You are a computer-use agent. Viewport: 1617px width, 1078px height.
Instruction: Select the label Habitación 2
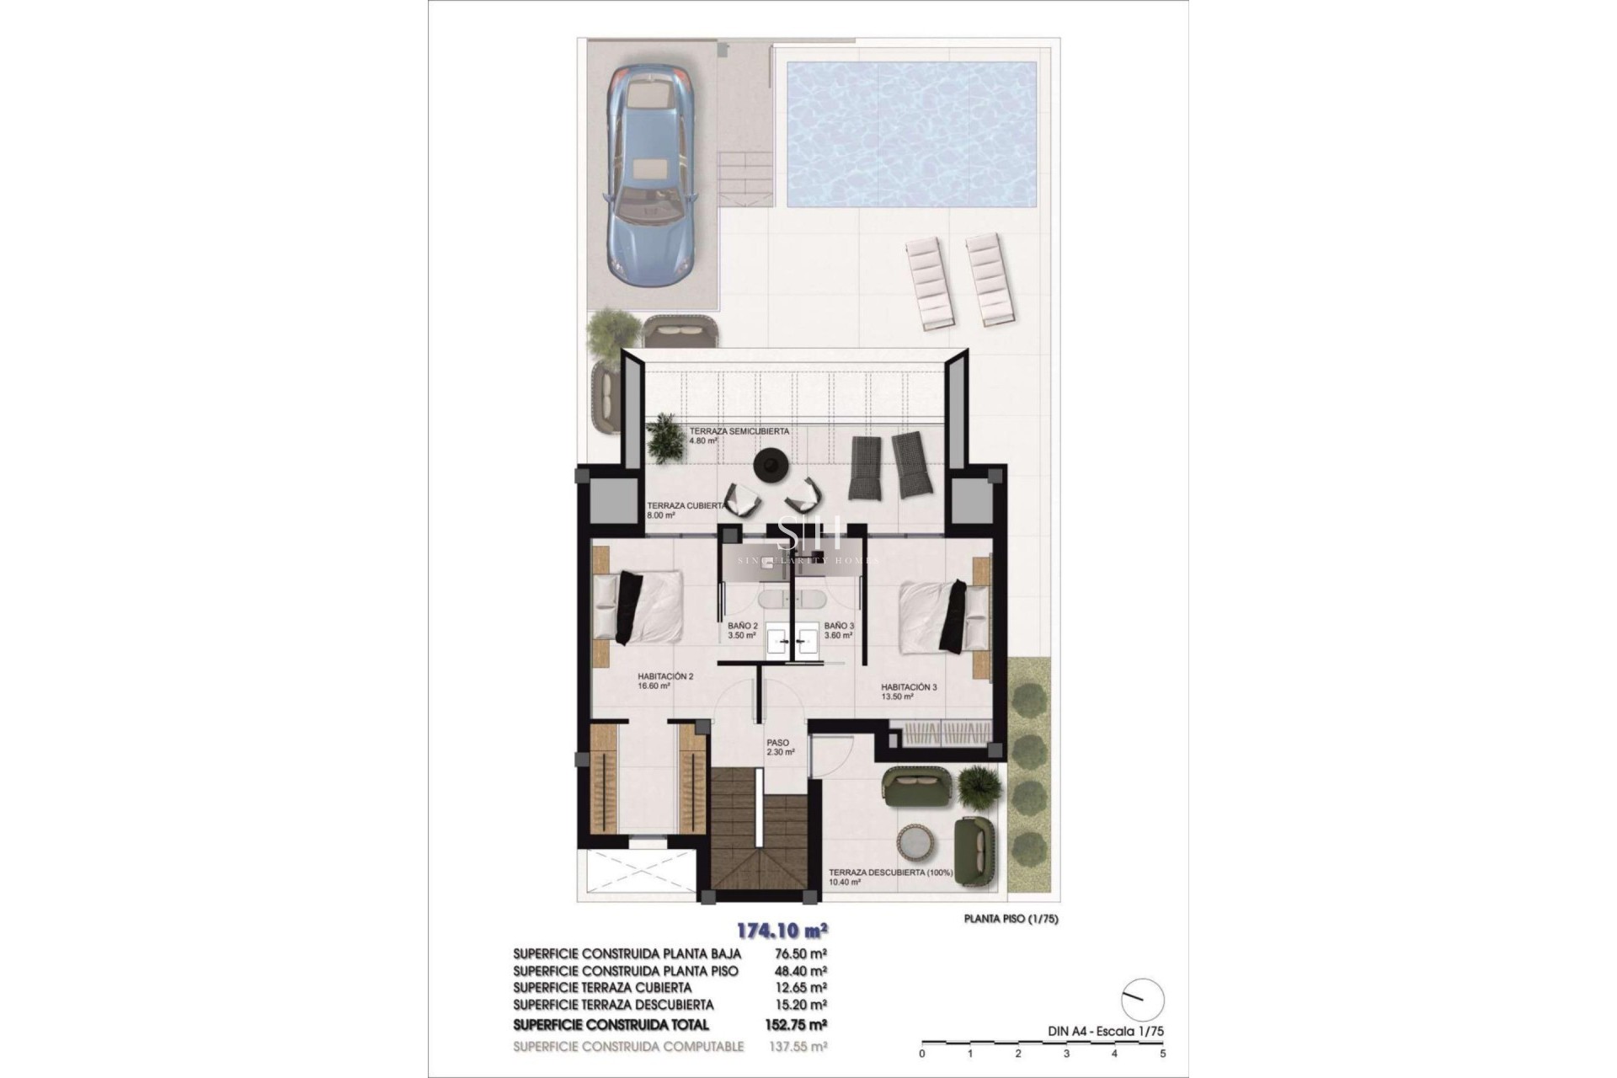(665, 680)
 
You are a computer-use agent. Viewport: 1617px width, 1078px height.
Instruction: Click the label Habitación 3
(909, 691)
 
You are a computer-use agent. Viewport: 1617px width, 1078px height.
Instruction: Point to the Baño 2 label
(743, 631)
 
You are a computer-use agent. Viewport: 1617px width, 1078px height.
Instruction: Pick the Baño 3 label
(839, 631)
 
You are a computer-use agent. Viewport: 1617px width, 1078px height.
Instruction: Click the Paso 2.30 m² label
(780, 748)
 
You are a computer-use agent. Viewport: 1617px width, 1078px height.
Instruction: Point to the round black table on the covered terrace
(770, 464)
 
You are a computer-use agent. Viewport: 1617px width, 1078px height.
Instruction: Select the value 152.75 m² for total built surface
(799, 1025)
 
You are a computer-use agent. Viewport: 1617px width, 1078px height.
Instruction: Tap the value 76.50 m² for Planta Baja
(799, 953)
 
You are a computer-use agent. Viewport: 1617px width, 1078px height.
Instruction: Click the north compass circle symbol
(1143, 1001)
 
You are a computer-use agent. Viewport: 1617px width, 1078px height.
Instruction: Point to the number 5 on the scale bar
(1162, 1054)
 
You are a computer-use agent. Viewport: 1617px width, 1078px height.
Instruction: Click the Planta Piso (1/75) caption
(1011, 919)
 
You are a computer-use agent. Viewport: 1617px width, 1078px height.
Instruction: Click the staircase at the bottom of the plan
(762, 842)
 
